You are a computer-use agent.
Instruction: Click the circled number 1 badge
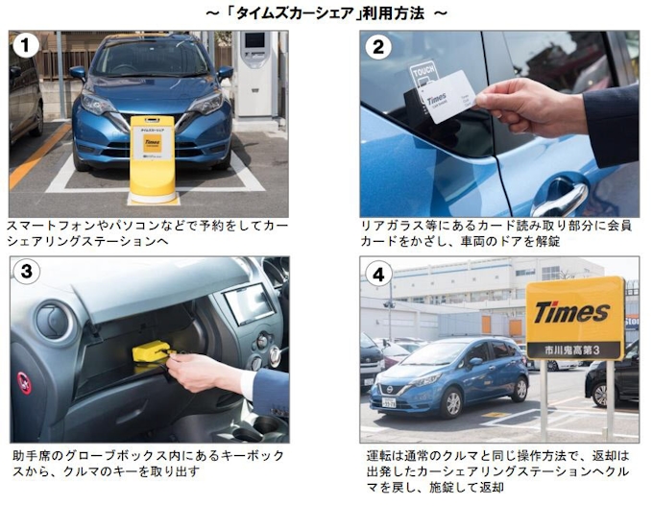tap(26, 45)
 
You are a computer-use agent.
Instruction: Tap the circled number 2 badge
tap(377, 47)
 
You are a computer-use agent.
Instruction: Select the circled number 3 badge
tap(26, 272)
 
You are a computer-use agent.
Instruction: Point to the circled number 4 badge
tap(377, 275)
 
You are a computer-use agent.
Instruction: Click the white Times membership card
tap(447, 97)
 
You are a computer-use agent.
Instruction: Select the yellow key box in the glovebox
tap(150, 351)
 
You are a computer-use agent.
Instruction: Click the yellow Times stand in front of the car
tap(153, 159)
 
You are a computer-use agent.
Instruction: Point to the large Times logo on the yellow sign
tap(572, 312)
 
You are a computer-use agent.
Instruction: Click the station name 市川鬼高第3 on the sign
tap(572, 350)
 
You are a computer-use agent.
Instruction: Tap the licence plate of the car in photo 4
tap(389, 402)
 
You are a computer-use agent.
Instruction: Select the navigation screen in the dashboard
tap(249, 303)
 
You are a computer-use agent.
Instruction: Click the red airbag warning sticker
tap(24, 383)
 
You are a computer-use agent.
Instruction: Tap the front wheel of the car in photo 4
tap(451, 402)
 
